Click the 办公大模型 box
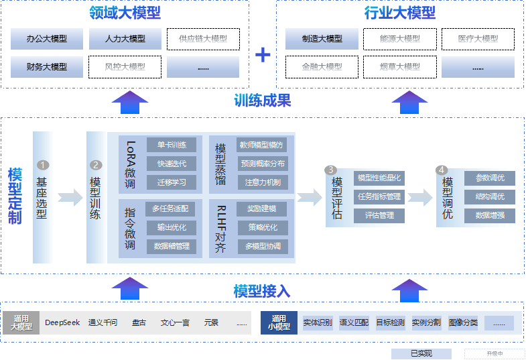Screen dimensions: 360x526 (x=47, y=39)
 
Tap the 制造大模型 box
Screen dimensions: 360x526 (x=322, y=39)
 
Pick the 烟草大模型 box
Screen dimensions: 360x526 (x=400, y=66)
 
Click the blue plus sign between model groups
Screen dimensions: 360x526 (x=263, y=54)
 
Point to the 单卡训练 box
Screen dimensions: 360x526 (x=172, y=145)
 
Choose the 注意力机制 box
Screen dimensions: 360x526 (x=263, y=182)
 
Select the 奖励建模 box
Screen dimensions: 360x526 (x=261, y=209)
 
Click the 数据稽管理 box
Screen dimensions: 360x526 (x=172, y=246)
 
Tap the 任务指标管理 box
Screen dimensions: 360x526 (x=379, y=196)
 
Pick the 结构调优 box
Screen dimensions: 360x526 (x=490, y=196)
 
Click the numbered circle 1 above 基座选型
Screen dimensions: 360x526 (x=44, y=165)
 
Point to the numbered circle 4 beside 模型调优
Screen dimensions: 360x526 (x=442, y=170)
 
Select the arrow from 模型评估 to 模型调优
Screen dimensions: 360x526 (x=422, y=197)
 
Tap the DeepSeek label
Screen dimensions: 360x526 (x=62, y=322)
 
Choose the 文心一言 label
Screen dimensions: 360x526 (x=174, y=322)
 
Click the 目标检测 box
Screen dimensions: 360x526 (x=390, y=322)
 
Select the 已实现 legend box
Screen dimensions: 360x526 (x=421, y=353)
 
